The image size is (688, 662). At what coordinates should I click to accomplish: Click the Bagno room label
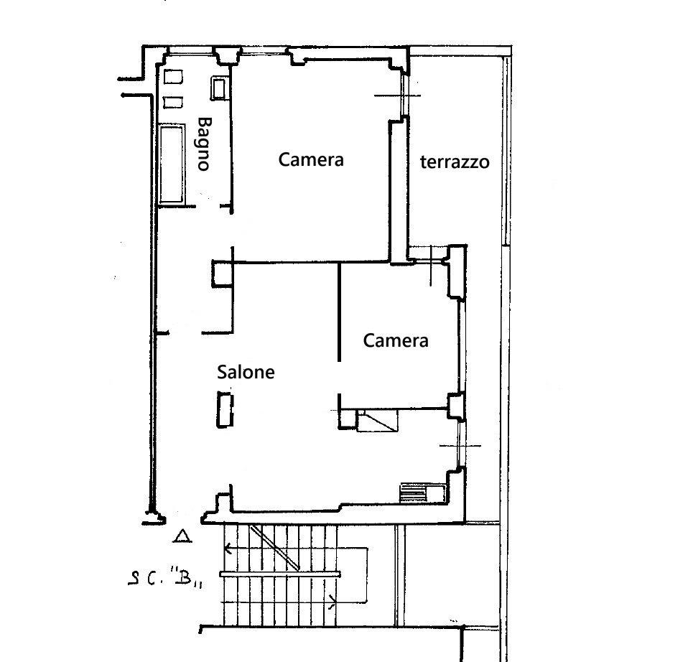pos(204,144)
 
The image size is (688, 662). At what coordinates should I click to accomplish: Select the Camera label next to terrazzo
pos(311,159)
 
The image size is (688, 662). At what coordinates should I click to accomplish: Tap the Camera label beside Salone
pos(396,340)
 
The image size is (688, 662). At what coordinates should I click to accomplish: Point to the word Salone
pos(246,372)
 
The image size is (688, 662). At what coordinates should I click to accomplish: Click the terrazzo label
pos(455,162)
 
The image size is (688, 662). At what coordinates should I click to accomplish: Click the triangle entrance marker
pos(182,536)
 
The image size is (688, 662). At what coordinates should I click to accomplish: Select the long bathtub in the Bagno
pos(172,164)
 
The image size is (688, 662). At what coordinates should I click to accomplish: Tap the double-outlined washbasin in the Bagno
pos(218,88)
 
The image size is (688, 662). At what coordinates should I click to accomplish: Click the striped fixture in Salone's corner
pos(414,493)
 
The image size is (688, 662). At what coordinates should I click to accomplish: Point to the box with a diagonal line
pos(378,421)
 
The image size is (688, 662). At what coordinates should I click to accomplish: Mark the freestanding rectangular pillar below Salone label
pos(225,410)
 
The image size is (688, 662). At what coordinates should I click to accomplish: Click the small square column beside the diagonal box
pos(348,419)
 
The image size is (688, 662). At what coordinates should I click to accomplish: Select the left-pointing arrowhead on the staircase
pos(228,549)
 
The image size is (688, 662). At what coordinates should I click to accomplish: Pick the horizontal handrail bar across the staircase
pos(280,574)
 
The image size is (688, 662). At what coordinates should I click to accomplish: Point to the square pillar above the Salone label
pos(223,274)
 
